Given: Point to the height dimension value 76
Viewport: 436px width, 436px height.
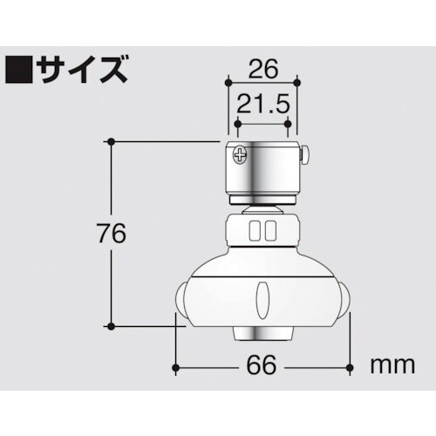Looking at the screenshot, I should (110, 234).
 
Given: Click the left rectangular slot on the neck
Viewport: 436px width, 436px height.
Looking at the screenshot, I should (254, 231).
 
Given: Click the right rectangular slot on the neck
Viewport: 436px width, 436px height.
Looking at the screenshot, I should (270, 231).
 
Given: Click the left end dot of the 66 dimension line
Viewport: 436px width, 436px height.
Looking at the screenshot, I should (177, 367).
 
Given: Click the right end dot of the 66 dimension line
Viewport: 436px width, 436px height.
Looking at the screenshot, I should (350, 367).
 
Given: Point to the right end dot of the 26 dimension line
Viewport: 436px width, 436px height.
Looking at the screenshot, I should (298, 84).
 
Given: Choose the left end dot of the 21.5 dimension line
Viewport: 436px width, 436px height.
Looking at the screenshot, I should (235, 123).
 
